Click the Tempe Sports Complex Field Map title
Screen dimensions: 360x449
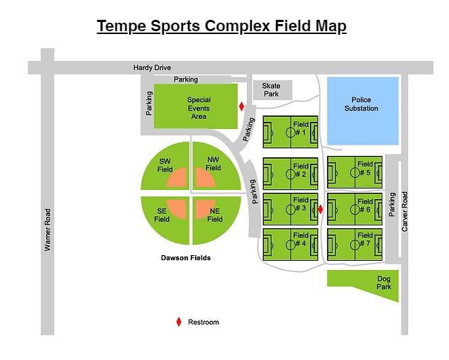pyautogui.click(x=221, y=26)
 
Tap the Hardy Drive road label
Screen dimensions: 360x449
pyautogui.click(x=152, y=68)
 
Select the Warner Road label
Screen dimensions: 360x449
pyautogui.click(x=48, y=229)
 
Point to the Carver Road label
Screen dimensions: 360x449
pyautogui.click(x=405, y=212)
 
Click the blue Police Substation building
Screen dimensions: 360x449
pyautogui.click(x=361, y=111)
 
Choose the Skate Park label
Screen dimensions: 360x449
pyautogui.click(x=271, y=90)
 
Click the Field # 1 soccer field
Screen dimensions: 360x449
pyautogui.click(x=290, y=132)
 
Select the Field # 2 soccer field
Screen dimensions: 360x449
pyautogui.click(x=290, y=172)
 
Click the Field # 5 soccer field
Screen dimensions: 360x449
pyautogui.click(x=355, y=172)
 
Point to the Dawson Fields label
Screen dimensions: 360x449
pyautogui.click(x=185, y=258)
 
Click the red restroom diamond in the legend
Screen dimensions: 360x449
pyautogui.click(x=179, y=322)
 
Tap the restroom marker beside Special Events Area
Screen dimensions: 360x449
pyautogui.click(x=242, y=107)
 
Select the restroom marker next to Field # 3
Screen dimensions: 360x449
pyautogui.click(x=321, y=209)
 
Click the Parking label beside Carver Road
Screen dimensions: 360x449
pyautogui.click(x=392, y=206)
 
